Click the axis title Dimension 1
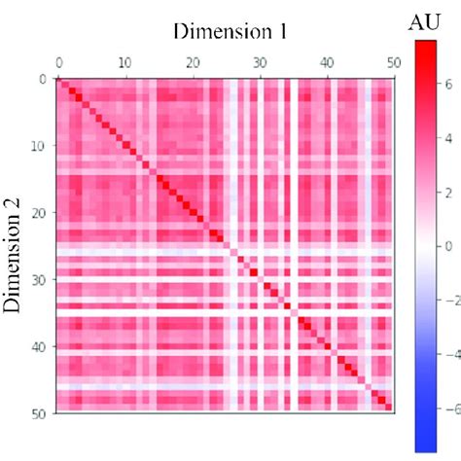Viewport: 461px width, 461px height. pos(230,30)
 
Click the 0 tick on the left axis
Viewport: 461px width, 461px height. pos(43,79)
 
